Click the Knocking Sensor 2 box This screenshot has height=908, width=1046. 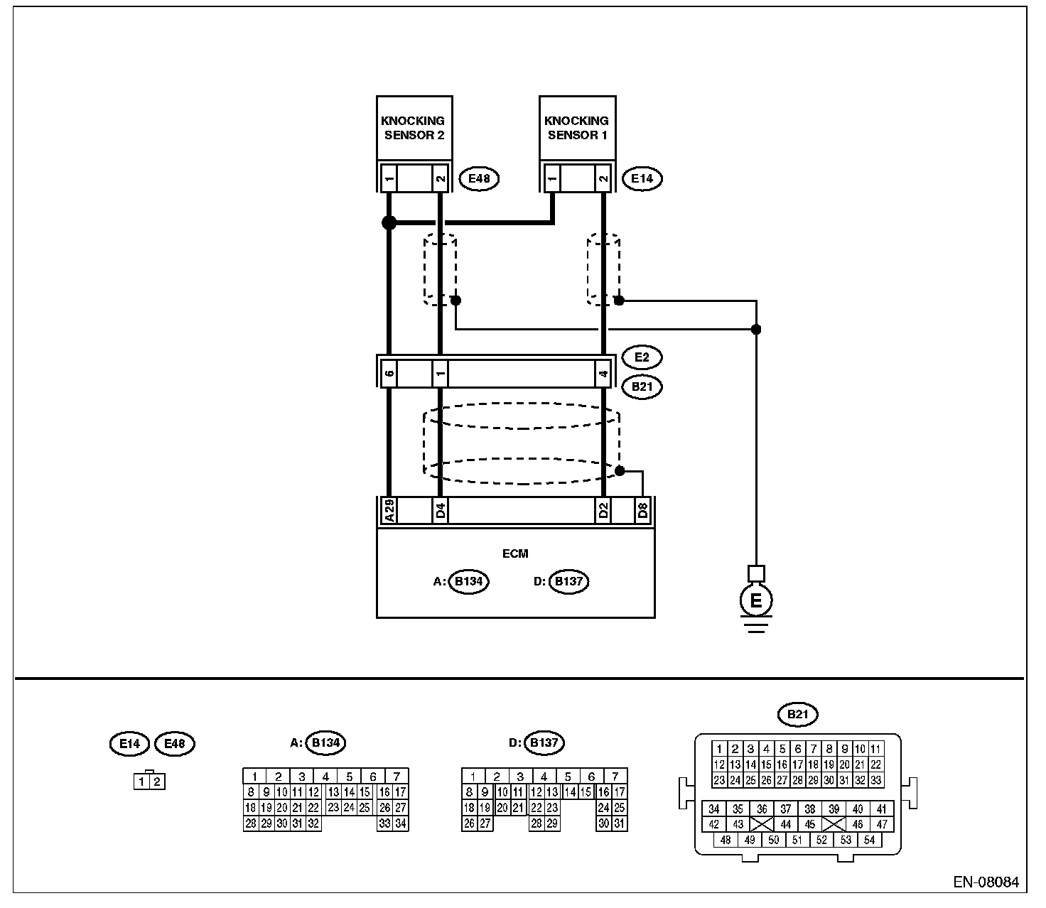[x=414, y=129]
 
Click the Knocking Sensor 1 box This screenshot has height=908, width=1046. [x=577, y=129]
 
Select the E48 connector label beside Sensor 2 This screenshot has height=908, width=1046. [x=480, y=178]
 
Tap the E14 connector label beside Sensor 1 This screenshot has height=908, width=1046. [x=642, y=178]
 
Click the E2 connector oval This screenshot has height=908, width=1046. [x=642, y=357]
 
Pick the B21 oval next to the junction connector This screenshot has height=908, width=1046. [x=642, y=387]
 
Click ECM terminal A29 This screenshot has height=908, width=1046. [x=389, y=511]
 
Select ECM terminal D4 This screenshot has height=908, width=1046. [x=441, y=511]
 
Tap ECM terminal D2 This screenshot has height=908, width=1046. [x=603, y=511]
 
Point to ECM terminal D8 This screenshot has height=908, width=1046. [x=643, y=511]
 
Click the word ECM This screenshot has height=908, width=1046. [x=515, y=553]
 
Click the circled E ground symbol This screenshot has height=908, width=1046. [x=756, y=601]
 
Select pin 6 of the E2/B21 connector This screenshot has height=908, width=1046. [x=389, y=372]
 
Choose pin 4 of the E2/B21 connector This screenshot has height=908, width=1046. [x=603, y=372]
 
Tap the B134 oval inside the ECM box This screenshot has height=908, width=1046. [x=469, y=582]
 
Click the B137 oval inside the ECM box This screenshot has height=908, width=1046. [x=568, y=582]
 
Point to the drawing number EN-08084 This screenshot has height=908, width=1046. [x=986, y=883]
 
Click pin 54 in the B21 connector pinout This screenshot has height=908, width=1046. [x=870, y=840]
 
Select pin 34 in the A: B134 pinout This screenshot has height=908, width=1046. [x=400, y=823]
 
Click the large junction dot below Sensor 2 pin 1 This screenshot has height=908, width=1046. [x=389, y=222]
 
